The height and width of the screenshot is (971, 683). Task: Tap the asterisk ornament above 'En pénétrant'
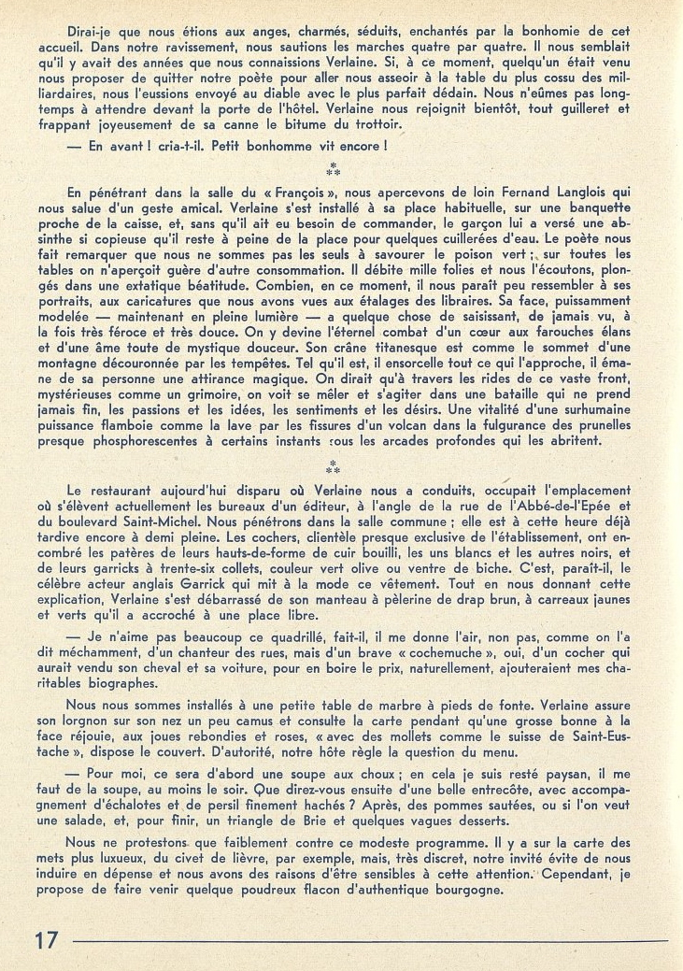tap(332, 170)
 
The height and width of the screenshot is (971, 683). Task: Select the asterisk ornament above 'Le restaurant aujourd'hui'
tap(332, 464)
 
